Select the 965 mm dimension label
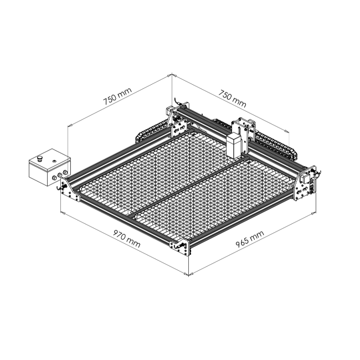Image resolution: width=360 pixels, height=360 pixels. pos(250,239)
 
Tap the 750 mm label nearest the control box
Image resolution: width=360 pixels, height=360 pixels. pos(117,96)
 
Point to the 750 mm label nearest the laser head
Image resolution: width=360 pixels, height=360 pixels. pos(232,99)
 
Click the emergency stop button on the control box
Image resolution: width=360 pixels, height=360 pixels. pos(40,158)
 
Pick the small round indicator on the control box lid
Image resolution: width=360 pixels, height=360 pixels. pos(54,161)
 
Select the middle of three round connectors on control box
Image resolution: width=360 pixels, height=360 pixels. pos(60,175)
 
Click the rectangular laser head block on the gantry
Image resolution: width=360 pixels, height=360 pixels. pos(234,146)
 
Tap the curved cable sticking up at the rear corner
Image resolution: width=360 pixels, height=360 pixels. pos(177,101)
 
